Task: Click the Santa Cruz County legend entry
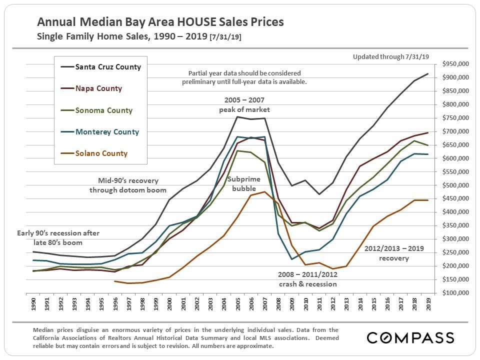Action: coord(107,67)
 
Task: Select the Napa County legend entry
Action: coord(98,88)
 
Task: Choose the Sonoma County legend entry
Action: coord(103,110)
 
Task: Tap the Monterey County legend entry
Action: coord(107,132)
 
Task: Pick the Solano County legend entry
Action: coord(101,153)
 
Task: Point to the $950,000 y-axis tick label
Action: coord(455,64)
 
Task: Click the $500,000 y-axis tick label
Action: coord(455,185)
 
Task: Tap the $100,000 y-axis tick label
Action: coord(455,292)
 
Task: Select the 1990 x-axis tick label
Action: coord(33,305)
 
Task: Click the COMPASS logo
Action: coord(410,337)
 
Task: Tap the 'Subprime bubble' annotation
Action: coord(243,183)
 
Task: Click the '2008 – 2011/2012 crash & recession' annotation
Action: coord(307,279)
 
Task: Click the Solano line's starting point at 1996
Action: coord(115,281)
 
